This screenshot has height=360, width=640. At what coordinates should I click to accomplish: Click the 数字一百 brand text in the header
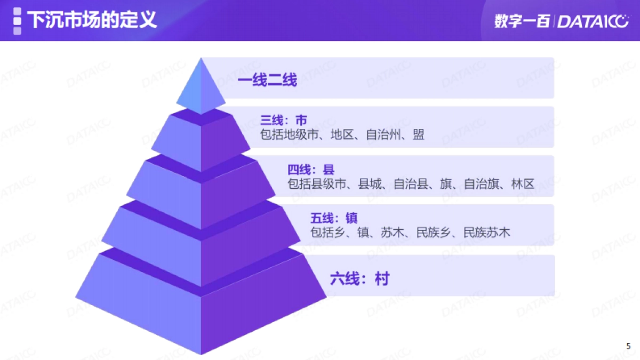[x=521, y=21]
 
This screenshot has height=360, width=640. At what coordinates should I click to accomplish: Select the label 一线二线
[x=267, y=81]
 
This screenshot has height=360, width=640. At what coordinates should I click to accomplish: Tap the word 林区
[x=523, y=184]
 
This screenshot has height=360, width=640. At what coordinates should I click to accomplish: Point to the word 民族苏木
[x=486, y=233]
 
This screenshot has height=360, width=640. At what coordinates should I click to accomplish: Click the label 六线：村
[x=359, y=278]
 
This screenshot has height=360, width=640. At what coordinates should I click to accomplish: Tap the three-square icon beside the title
[x=17, y=21]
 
